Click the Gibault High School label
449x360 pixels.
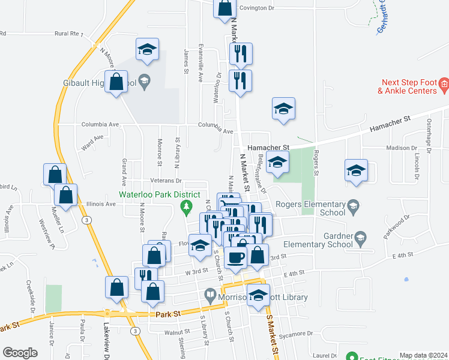point(98,83)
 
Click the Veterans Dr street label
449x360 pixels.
point(166,180)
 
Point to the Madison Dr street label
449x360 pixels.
point(402,148)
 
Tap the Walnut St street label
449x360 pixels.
point(168,331)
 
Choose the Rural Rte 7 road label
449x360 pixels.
point(67,34)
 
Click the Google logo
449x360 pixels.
point(20,353)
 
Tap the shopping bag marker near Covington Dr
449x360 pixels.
point(225,8)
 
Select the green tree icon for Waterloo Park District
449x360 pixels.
point(186,208)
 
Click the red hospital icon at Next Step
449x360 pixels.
point(444,83)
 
